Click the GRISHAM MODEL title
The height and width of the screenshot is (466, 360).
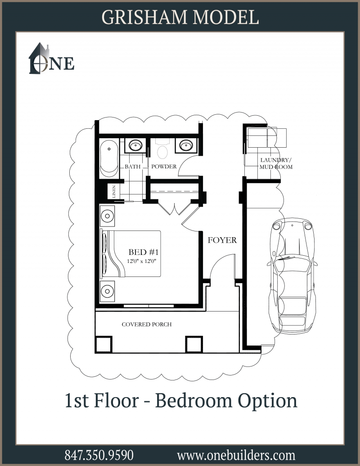pos(180,17)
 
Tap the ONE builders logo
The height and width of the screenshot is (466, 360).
pos(51,59)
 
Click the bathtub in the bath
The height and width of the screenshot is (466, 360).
pos(109,158)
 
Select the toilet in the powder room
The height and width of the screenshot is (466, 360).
pos(162,149)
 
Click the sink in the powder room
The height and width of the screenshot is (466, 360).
pos(188,145)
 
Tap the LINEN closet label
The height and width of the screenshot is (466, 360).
pos(114,192)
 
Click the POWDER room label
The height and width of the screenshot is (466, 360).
pos(164,167)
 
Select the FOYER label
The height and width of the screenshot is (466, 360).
pos(222,240)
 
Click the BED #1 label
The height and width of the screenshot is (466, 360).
pos(144,252)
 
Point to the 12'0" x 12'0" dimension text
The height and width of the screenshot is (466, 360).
pos(142,261)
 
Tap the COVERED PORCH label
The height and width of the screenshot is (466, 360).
pos(147,324)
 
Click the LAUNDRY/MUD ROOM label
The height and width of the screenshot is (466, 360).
pos(276,163)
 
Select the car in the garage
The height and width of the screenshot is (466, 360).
pos(292,276)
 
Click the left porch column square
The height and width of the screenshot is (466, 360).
pos(103,344)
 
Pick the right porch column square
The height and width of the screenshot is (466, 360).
pos(194,344)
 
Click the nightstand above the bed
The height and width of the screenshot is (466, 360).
pos(107,216)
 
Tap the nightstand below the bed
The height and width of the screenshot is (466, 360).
pos(107,291)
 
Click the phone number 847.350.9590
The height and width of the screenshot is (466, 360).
pos(99,455)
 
